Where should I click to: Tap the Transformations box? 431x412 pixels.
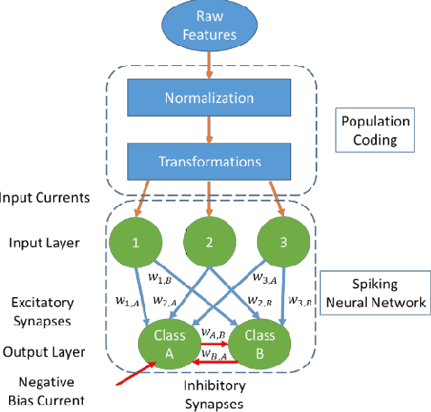[x=210, y=162]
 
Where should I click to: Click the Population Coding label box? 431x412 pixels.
[x=379, y=132]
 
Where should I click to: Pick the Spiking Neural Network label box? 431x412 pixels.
[x=379, y=293]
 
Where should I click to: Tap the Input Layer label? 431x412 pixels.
[x=42, y=242]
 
